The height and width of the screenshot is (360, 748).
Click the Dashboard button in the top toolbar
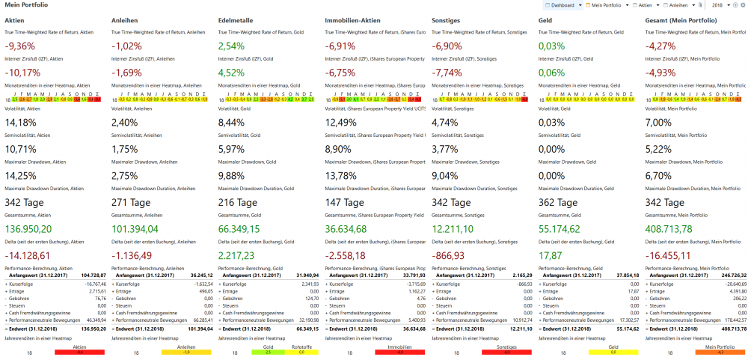[x=565, y=4]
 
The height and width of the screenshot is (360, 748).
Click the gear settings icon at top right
[x=742, y=4]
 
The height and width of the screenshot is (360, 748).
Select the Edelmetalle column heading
[x=236, y=19]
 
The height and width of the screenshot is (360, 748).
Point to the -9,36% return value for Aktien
[x=21, y=46]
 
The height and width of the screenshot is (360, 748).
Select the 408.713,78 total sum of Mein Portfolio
[x=677, y=229]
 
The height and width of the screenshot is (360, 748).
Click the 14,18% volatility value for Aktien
[x=21, y=123]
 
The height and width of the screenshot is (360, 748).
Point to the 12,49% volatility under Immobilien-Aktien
[x=341, y=123]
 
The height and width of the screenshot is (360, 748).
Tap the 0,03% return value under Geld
[x=552, y=46]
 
